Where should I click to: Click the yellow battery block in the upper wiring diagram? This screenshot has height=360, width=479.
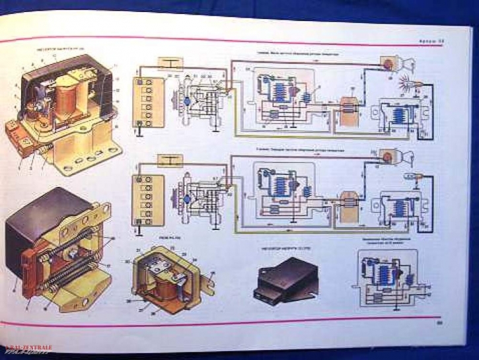pyautogui.click(x=144, y=102)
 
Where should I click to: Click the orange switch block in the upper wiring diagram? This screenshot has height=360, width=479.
pyautogui.click(x=348, y=107)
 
